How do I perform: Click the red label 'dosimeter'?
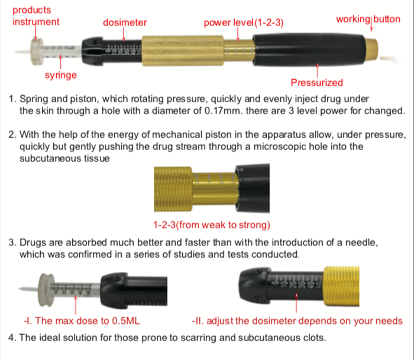pos(125,22)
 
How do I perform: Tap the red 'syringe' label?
pos(61,76)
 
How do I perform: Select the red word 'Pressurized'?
pos(317,83)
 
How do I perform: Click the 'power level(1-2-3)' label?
pos(244,22)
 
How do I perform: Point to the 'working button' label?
pos(368,19)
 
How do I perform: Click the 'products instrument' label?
pos(36,16)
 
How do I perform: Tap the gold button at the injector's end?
pos(372,48)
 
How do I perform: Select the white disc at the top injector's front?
pos(37,51)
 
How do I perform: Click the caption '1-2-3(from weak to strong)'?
pos(212,225)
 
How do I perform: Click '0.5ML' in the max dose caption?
pos(125,321)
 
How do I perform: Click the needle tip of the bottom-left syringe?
pos(20,288)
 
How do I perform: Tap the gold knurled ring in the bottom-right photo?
pos(341,286)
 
